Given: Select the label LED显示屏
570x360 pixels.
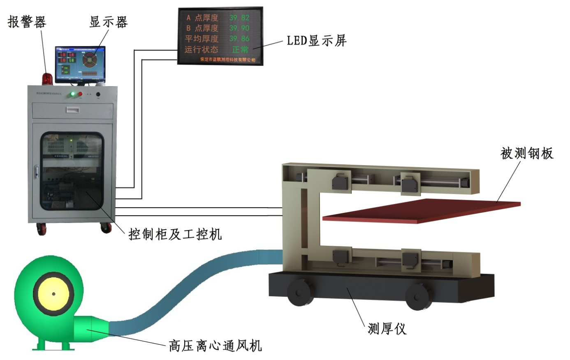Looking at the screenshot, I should click(x=317, y=41).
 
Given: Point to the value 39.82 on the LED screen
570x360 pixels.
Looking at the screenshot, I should click(x=239, y=18).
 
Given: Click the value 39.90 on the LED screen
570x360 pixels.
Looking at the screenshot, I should click(x=239, y=28).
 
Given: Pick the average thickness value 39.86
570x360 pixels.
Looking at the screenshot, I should click(x=239, y=39).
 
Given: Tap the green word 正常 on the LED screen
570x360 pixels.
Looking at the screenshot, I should click(x=240, y=49).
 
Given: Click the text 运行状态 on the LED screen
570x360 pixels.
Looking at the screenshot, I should click(x=202, y=49).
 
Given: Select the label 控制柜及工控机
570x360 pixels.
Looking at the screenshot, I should click(x=175, y=234).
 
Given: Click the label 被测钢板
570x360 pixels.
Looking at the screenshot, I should click(x=527, y=153).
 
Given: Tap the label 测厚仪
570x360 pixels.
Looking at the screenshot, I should click(x=387, y=329).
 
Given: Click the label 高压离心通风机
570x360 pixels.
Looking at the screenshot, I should click(x=215, y=346).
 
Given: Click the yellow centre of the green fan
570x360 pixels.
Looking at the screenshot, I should click(x=53, y=294).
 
